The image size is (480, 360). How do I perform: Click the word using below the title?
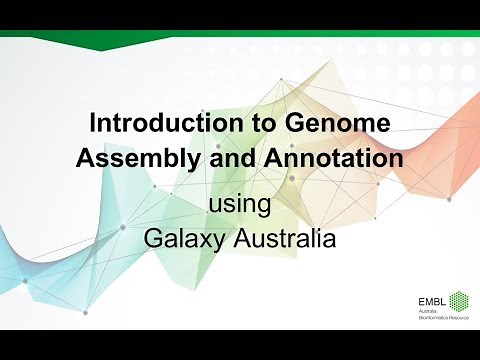click(x=240, y=207)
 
